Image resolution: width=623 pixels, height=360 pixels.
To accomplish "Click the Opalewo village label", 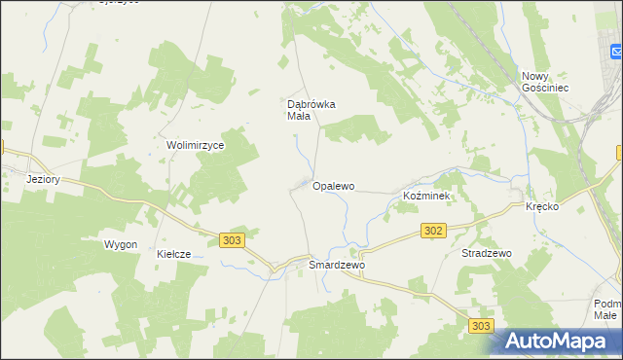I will click(x=333, y=185).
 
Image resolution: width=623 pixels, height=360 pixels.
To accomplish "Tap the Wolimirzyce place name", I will click(x=196, y=145).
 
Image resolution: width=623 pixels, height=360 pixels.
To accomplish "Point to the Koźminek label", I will click(x=425, y=197).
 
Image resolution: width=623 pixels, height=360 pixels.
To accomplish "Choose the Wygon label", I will click(x=121, y=244).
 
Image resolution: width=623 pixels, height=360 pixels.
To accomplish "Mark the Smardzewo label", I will click(x=336, y=265).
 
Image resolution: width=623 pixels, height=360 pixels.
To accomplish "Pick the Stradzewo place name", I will click(x=486, y=253).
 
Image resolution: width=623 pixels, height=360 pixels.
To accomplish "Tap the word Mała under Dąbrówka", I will click(x=298, y=117).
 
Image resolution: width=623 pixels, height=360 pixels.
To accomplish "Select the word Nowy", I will click(x=536, y=76).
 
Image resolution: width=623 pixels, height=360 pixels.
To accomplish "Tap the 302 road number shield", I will click(x=434, y=231).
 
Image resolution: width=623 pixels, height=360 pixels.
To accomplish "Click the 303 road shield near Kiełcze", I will click(x=231, y=240).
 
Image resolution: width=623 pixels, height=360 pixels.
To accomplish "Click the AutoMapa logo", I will click(x=559, y=341).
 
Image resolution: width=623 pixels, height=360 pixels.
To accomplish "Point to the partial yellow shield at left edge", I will click(x=2, y=148).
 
